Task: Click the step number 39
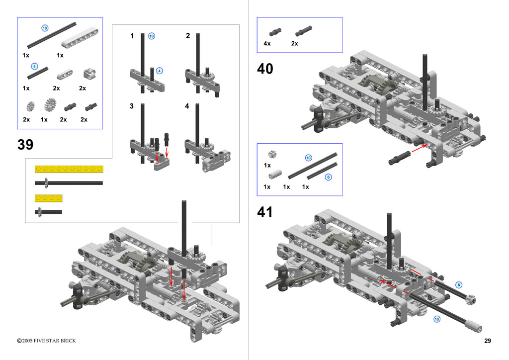click(x=25, y=145)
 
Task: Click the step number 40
click(x=265, y=69)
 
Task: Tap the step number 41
click(x=265, y=212)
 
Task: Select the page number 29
click(x=487, y=341)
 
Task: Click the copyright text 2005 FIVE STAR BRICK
click(x=47, y=341)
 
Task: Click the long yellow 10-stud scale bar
click(x=69, y=169)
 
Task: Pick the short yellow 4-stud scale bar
click(x=49, y=198)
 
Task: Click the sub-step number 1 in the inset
click(x=132, y=36)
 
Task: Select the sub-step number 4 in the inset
click(x=187, y=106)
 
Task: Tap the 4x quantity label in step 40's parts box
click(x=267, y=44)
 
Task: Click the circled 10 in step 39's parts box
click(x=45, y=28)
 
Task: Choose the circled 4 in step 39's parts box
click(x=34, y=66)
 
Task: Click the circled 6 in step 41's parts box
click(x=328, y=177)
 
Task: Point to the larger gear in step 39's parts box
click(x=49, y=105)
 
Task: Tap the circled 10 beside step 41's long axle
click(x=437, y=319)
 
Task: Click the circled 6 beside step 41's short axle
click(x=459, y=284)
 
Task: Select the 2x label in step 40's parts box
click(x=295, y=44)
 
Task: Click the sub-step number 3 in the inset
click(x=132, y=106)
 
